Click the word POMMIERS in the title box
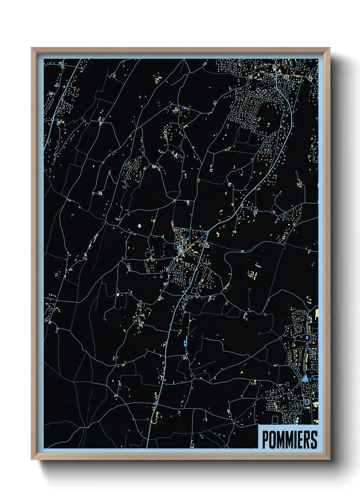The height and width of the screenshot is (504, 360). tap(290, 440)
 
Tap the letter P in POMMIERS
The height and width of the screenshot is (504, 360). tap(265, 440)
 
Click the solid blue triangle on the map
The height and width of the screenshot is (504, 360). tap(305, 378)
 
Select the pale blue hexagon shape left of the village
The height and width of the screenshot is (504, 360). tap(139, 225)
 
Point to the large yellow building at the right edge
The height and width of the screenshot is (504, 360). tap(316, 314)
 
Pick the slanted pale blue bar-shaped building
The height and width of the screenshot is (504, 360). tap(258, 265)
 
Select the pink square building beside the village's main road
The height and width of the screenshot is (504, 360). tap(207, 245)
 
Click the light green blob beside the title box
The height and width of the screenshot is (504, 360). tap(315, 404)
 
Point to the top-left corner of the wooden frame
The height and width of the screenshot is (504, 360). tap(32, 48)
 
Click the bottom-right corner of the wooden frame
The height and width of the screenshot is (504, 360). tap(329, 459)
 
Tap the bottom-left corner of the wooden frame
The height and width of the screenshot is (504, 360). tap(32, 459)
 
